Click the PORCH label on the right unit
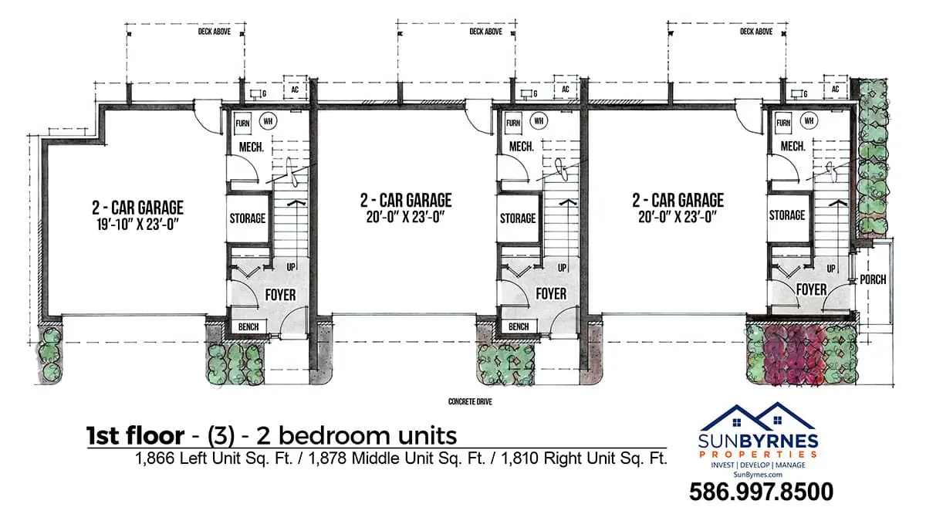click(873, 280)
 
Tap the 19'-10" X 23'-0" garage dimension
click(137, 225)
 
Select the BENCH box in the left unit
click(248, 326)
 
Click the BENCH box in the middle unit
click(519, 326)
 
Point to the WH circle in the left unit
click(268, 121)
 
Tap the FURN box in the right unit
click(783, 123)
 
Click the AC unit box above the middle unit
click(566, 88)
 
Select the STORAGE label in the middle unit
click(518, 218)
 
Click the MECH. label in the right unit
click(793, 147)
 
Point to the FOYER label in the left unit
click(280, 295)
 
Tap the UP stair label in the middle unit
click(563, 268)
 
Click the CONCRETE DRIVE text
click(470, 401)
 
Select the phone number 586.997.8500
click(761, 492)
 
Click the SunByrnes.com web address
click(758, 475)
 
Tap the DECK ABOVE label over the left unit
click(215, 32)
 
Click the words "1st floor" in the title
click(135, 435)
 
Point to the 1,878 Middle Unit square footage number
click(327, 458)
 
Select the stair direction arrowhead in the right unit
click(838, 203)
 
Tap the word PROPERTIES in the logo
click(758, 455)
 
